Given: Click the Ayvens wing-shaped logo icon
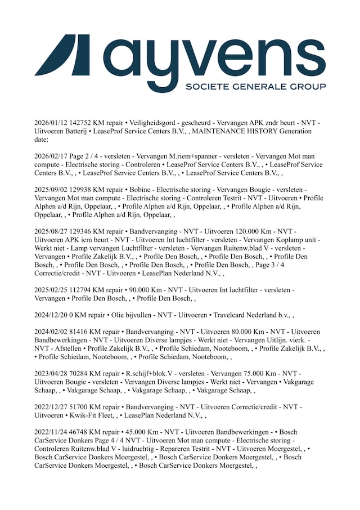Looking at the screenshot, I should coord(62,55).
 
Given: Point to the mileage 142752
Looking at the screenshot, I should coord(88,123).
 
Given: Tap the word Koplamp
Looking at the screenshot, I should coord(286,241).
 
